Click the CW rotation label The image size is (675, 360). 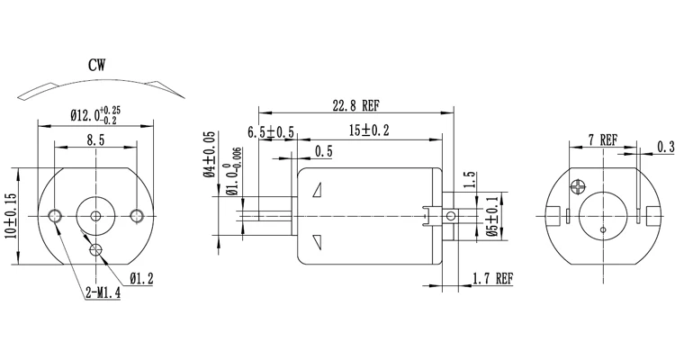pyautogui.click(x=100, y=65)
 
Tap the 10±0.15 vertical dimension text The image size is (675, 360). pyautogui.click(x=10, y=216)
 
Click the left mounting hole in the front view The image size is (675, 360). pyautogui.click(x=57, y=215)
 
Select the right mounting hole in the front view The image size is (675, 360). pyautogui.click(x=138, y=215)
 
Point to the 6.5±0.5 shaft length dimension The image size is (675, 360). pyautogui.click(x=271, y=131)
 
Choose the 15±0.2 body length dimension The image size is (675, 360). pyautogui.click(x=369, y=131)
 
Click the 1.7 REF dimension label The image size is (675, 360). pyautogui.click(x=492, y=280)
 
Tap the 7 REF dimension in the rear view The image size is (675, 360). pyautogui.click(x=602, y=139)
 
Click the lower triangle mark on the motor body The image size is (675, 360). pyautogui.click(x=318, y=240)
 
